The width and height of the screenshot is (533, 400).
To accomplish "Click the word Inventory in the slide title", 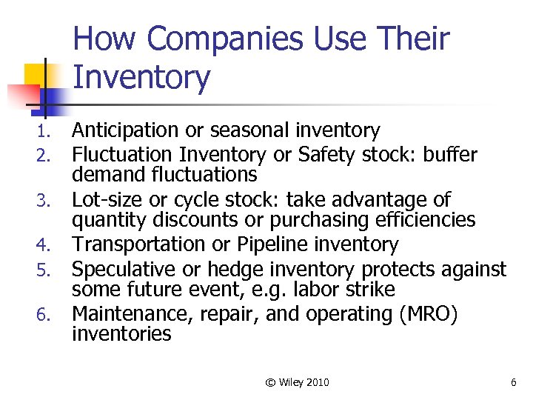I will coord(141,78).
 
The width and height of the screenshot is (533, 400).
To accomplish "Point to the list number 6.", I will coord(43,316).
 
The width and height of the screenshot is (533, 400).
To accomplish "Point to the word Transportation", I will coord(130,244).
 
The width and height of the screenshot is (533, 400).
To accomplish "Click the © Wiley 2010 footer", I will coord(297,382).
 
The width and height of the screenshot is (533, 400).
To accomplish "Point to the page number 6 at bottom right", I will coord(513,382).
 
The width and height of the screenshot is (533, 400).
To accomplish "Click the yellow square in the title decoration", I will coord(35,74).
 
